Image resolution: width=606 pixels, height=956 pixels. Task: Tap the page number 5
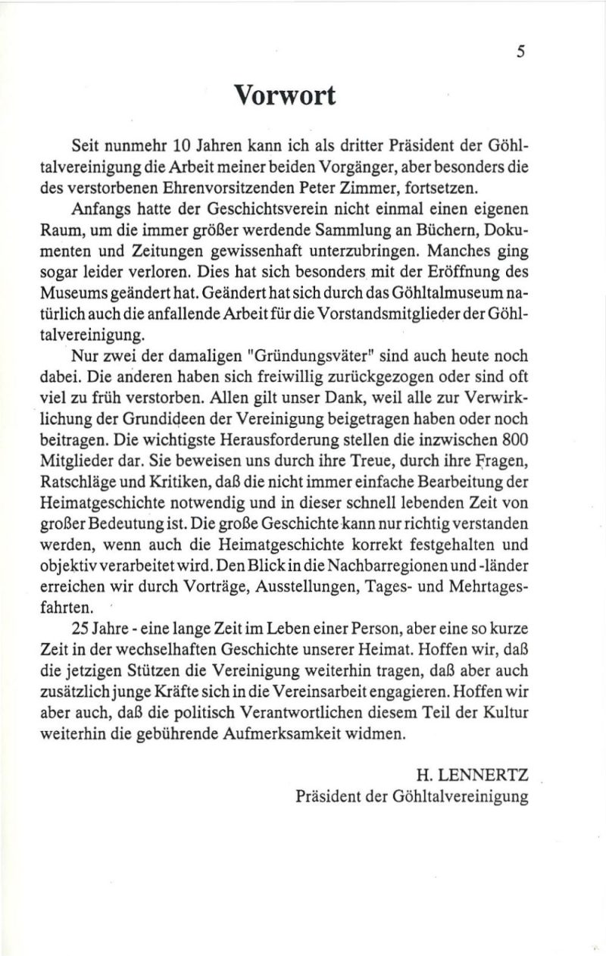(520, 52)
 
